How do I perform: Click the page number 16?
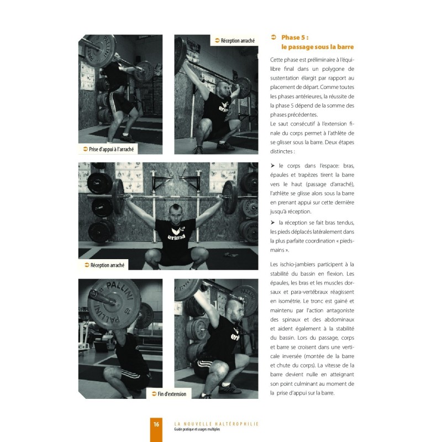pos(156,424)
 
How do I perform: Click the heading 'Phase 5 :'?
pos(294,37)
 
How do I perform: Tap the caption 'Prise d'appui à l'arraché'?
pos(111,149)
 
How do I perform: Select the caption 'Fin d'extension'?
pos(172,394)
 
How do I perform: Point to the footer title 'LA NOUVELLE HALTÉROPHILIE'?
pos(217,424)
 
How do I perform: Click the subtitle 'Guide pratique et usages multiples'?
pos(197,429)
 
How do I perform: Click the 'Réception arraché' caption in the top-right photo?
pos(238,40)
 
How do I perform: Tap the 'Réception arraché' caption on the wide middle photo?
pos(107,265)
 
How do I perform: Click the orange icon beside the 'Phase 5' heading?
pos(273,37)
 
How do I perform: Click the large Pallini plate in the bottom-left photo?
pos(114,305)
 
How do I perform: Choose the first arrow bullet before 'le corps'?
pos(272,165)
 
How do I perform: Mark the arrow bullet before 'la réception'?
pos(272,223)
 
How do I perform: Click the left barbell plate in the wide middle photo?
pos(118,197)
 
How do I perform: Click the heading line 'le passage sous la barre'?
pos(317,47)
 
